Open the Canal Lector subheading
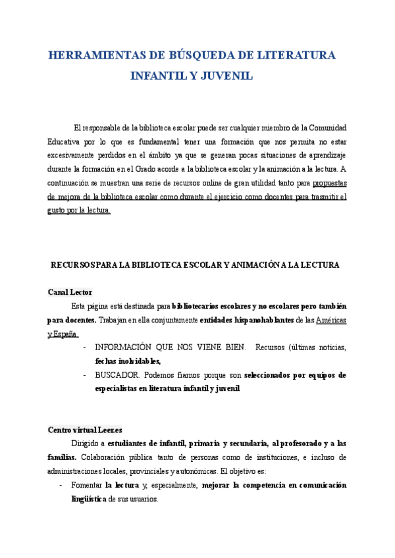click(70, 292)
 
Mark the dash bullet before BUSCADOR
click(84, 375)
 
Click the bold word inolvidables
click(136, 361)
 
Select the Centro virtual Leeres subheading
click(85, 430)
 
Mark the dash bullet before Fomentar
click(61, 486)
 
